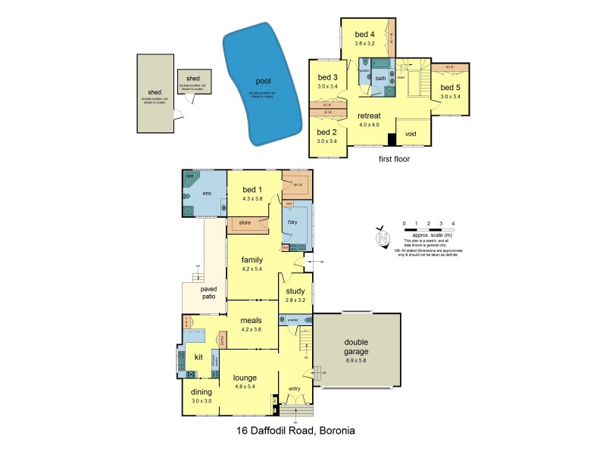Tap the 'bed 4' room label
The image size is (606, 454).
(365, 35)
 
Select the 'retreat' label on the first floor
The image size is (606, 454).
(370, 116)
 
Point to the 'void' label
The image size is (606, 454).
(411, 134)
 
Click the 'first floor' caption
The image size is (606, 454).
(396, 160)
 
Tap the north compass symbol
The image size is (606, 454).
(382, 236)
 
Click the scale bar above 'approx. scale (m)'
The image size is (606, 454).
(428, 229)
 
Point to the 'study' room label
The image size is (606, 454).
(295, 291)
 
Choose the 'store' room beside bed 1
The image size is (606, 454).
(245, 222)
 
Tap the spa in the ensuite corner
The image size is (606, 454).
(189, 178)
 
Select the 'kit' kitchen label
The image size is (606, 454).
(198, 356)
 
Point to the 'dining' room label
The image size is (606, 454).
(201, 392)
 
